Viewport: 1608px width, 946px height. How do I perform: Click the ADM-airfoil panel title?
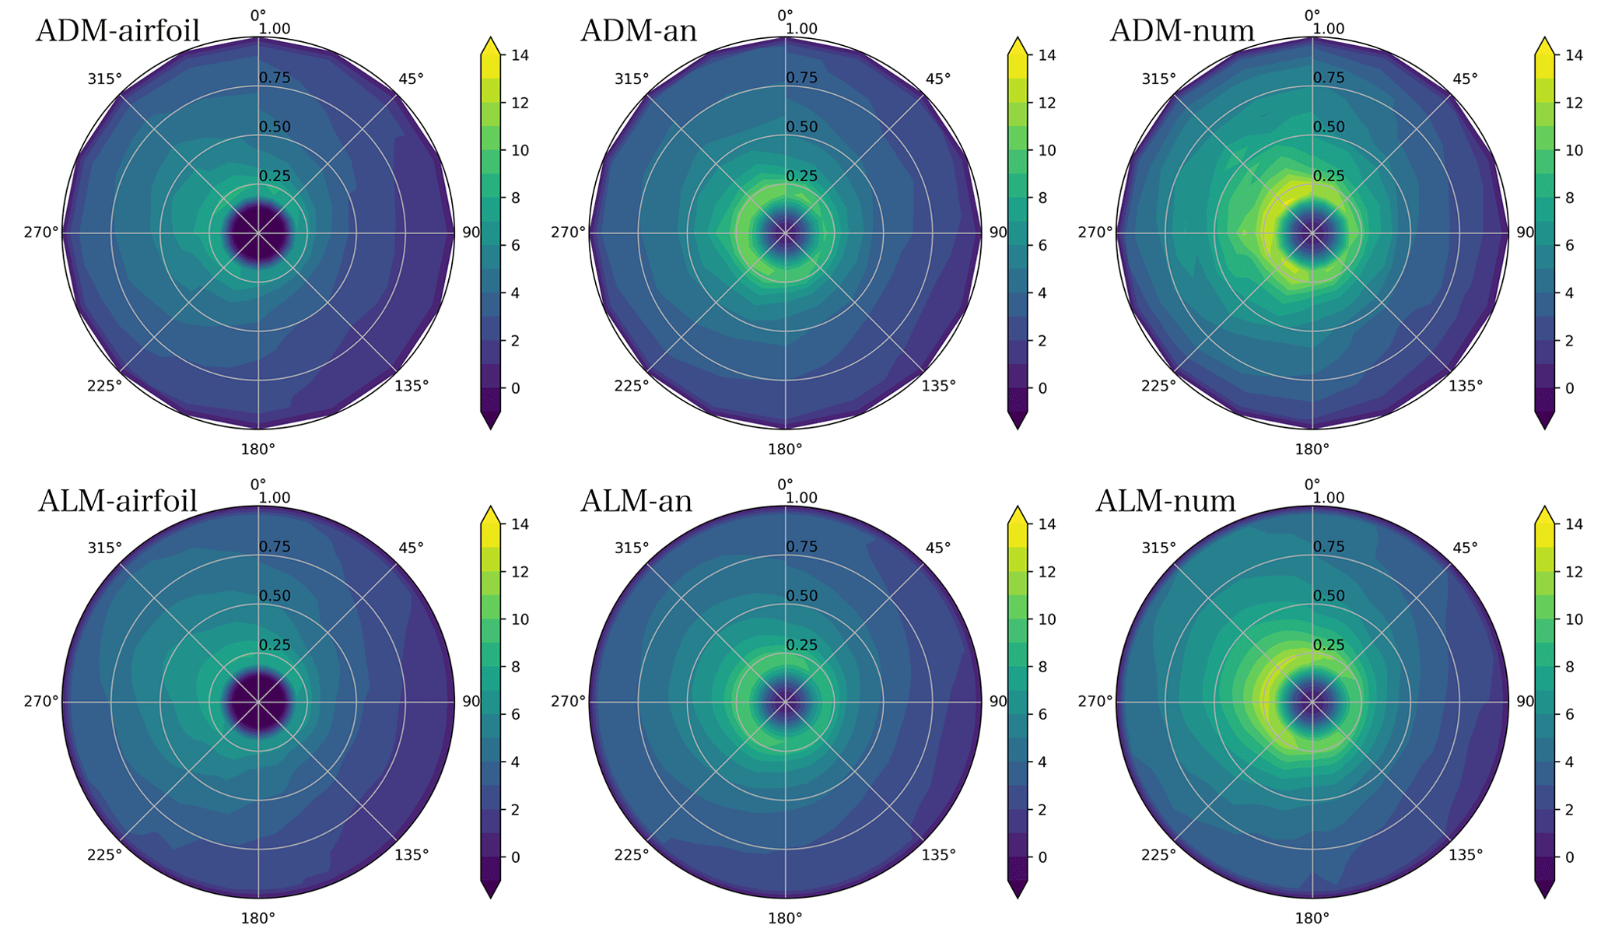point(118,31)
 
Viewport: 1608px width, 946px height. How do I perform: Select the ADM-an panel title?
point(639,31)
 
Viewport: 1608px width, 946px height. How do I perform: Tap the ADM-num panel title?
point(1182,31)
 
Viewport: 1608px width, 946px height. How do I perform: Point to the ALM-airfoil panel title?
point(117,501)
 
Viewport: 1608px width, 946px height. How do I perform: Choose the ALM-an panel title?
point(636,501)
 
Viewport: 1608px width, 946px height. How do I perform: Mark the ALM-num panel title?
point(1165,501)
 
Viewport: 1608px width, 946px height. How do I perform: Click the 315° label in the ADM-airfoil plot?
point(104,79)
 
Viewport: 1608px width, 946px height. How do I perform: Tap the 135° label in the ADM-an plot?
point(938,386)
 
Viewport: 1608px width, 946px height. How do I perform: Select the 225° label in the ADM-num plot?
point(1158,386)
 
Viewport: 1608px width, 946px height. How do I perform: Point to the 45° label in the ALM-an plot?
point(938,548)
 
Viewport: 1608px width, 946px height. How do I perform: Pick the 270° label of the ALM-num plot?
point(1095,702)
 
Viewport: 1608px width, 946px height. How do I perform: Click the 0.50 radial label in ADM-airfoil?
point(275,128)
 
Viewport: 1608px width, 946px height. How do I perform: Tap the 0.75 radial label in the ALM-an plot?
point(801,547)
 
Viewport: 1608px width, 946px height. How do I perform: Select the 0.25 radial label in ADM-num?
point(1329,177)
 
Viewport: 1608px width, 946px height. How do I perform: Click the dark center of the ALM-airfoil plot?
point(258,702)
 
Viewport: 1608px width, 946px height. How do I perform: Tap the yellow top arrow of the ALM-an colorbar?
point(1017,514)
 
